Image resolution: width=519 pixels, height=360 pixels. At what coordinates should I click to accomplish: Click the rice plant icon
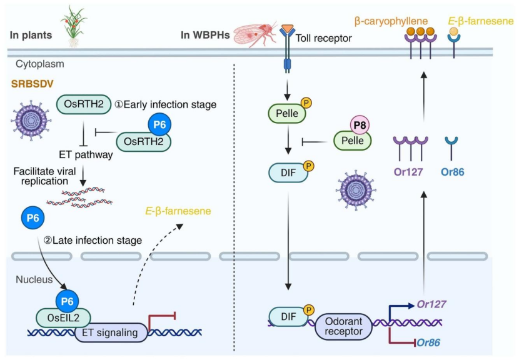click(74, 26)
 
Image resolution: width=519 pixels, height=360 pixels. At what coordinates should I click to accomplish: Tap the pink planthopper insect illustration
click(255, 33)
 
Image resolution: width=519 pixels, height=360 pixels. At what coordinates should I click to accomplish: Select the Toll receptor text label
click(323, 38)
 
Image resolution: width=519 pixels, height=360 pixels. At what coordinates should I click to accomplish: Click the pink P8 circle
click(360, 126)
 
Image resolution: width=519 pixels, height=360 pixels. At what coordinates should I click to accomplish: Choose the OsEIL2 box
click(63, 318)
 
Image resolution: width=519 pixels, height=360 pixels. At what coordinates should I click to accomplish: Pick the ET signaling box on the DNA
click(111, 332)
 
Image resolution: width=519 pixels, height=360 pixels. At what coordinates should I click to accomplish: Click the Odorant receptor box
click(343, 327)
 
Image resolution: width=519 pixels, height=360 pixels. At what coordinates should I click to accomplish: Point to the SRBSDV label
click(32, 84)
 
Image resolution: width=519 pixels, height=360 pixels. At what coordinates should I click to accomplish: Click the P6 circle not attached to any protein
click(33, 218)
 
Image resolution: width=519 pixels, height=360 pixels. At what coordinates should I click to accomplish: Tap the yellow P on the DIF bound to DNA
click(309, 310)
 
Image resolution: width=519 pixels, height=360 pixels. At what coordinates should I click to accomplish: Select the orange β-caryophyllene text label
click(391, 21)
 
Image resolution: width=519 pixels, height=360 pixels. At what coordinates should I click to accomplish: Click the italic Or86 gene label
click(428, 342)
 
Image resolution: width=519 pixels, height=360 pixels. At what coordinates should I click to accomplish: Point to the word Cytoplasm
click(40, 64)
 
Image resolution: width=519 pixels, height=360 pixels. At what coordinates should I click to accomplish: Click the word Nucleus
click(34, 279)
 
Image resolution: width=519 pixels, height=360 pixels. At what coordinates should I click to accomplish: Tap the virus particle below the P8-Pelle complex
click(356, 190)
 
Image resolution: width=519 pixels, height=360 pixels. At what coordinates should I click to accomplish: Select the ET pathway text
click(86, 154)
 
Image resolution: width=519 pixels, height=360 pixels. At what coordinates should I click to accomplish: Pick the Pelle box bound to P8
click(352, 141)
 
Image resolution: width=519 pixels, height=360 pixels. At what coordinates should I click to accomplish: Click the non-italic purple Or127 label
click(408, 172)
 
